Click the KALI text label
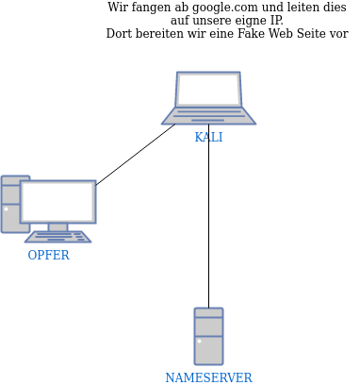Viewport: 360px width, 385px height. (208, 137)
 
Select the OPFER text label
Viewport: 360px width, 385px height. (48, 255)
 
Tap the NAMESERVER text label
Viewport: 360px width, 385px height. (208, 377)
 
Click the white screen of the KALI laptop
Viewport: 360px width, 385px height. (208, 90)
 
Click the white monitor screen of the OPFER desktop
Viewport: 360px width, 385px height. (57, 201)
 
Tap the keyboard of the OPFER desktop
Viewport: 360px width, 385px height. (57, 237)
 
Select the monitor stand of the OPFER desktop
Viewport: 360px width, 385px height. (57, 226)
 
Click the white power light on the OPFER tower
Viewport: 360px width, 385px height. (6, 209)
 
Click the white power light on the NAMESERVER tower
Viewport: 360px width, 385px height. (199, 341)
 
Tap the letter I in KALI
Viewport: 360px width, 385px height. (221, 137)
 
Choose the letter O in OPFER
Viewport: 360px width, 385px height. (32, 255)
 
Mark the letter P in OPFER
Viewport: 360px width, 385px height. (41, 255)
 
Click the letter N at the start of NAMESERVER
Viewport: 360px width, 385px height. (170, 377)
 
